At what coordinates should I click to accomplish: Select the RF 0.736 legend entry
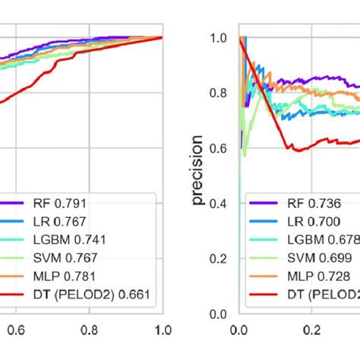point(320,204)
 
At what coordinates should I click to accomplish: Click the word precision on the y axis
point(198,172)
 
